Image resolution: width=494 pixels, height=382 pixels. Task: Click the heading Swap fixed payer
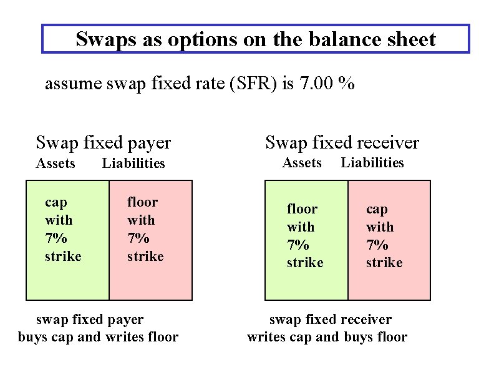pos(103,142)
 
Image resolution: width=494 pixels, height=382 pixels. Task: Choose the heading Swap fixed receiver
pos(342,142)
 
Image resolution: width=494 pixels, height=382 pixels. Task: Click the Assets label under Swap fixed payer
pos(56,164)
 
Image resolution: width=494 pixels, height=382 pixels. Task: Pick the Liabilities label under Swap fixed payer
pos(133,164)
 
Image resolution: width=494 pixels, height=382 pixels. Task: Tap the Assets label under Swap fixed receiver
pos(301,163)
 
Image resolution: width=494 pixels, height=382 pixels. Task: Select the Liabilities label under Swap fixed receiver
pos(372,163)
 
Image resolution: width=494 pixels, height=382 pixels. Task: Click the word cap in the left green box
pos(56,202)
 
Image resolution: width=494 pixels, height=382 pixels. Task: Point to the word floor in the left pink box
pos(143,202)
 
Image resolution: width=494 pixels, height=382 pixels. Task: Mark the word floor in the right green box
pos(302,209)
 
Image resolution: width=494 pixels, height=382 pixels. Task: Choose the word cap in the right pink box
pos(377,209)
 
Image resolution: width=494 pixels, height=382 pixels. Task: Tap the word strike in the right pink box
pos(384,263)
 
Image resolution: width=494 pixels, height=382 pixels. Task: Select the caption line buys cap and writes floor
pos(99,338)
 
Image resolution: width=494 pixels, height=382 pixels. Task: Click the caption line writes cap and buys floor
pos(327,338)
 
